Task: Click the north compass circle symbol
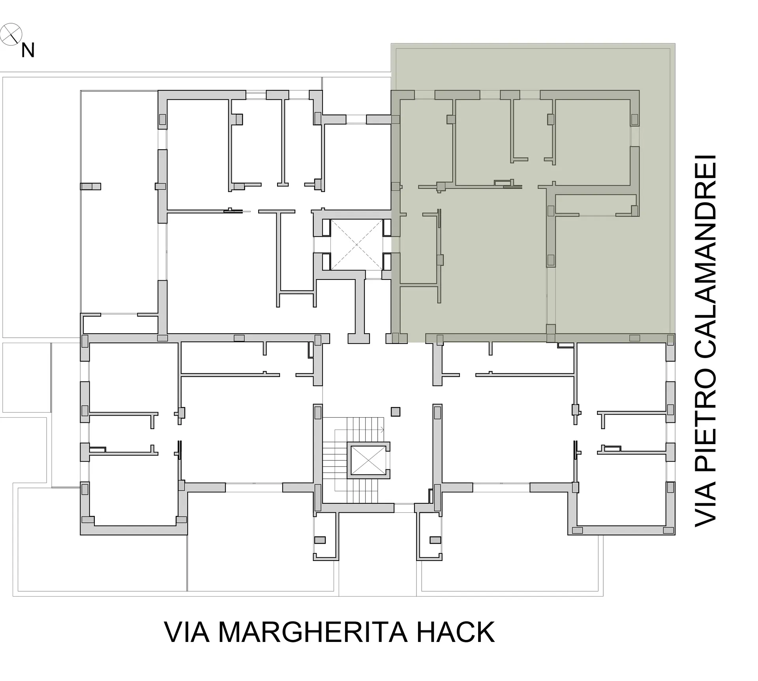(x=11, y=34)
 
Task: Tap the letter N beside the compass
(x=28, y=51)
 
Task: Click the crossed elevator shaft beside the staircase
(x=368, y=460)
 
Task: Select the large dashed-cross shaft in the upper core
(x=356, y=245)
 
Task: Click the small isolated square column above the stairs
(x=396, y=412)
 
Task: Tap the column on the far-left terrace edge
(x=90, y=186)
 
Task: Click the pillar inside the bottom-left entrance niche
(x=320, y=540)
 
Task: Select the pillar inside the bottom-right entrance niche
(x=435, y=540)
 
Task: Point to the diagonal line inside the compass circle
(x=11, y=34)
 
